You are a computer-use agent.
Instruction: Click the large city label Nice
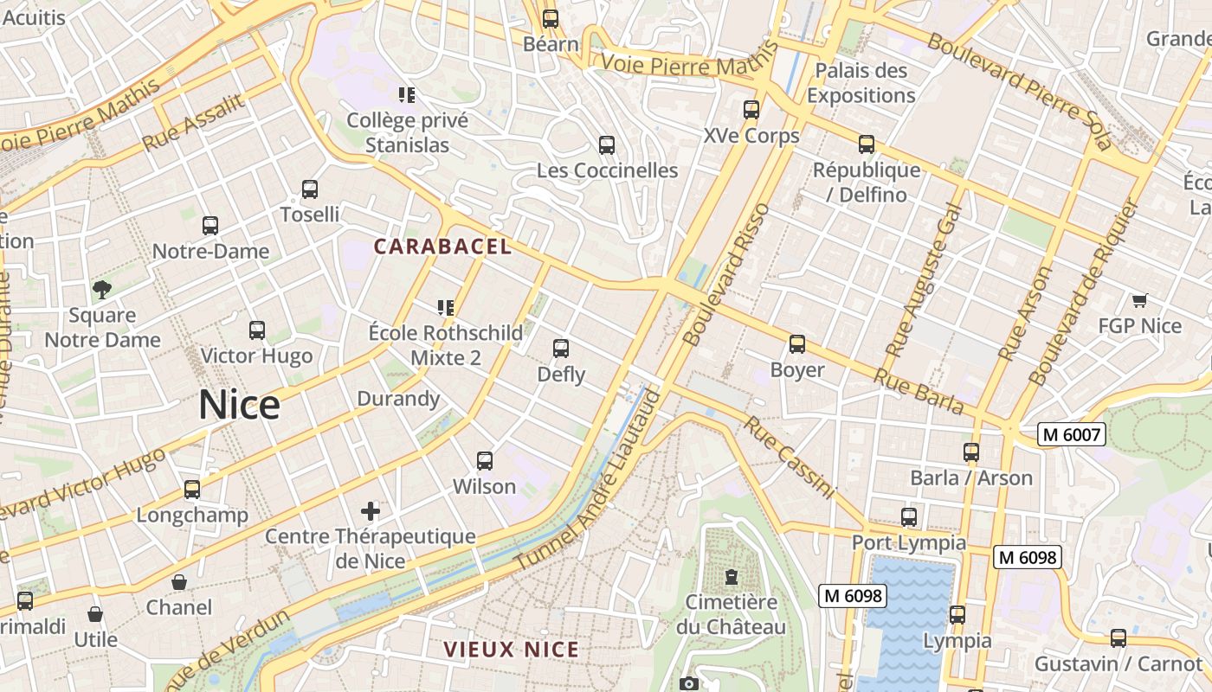coord(239,405)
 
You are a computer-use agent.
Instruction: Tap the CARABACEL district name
coord(442,247)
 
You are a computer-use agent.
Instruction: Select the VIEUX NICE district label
coord(511,649)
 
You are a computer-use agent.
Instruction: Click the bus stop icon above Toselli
coord(310,189)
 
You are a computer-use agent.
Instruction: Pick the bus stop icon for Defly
coord(561,349)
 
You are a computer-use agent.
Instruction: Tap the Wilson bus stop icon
coord(485,461)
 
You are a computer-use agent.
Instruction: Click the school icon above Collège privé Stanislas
coord(407,94)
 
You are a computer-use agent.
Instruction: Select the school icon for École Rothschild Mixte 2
coord(446,307)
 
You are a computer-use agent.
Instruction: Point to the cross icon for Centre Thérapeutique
coord(371,510)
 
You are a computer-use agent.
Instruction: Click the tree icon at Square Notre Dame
coord(102,290)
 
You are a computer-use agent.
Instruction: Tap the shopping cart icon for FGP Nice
coord(1139,300)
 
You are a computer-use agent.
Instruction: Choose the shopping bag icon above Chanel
coord(179,582)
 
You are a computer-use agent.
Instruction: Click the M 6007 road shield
coord(1073,434)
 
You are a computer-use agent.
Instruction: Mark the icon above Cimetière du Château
coord(732,576)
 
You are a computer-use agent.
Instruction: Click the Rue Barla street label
coord(918,391)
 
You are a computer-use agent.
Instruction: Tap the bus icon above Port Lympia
coord(909,517)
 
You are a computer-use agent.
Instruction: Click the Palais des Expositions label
coord(861,83)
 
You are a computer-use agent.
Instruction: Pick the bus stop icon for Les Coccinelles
coord(607,144)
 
